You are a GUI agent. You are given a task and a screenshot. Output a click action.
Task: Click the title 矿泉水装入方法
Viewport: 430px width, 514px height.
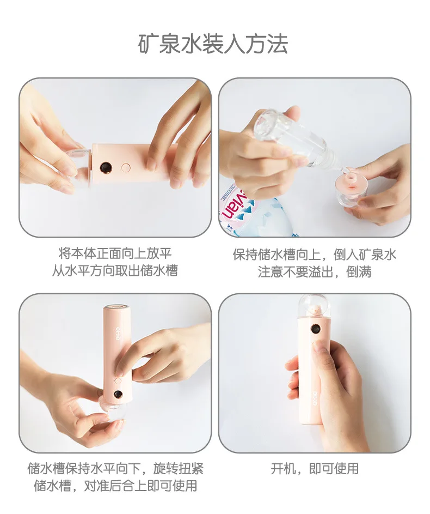point(213,44)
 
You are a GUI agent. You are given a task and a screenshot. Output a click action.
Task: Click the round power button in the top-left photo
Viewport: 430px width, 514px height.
point(125,168)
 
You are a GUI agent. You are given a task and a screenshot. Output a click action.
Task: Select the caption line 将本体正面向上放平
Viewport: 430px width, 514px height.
point(115,253)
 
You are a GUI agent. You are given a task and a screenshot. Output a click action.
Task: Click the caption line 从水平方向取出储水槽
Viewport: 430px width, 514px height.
point(115,271)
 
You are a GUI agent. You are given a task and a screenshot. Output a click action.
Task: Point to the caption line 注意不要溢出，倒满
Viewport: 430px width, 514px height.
point(315,272)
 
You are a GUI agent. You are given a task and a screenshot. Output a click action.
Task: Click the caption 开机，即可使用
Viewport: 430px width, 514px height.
point(315,469)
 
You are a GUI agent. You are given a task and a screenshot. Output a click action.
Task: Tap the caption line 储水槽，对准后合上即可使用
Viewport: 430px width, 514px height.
point(115,486)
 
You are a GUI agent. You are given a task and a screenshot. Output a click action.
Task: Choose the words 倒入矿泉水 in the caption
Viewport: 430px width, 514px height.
point(365,255)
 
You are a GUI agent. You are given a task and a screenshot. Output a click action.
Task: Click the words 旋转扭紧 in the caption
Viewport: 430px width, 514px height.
point(179,468)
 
